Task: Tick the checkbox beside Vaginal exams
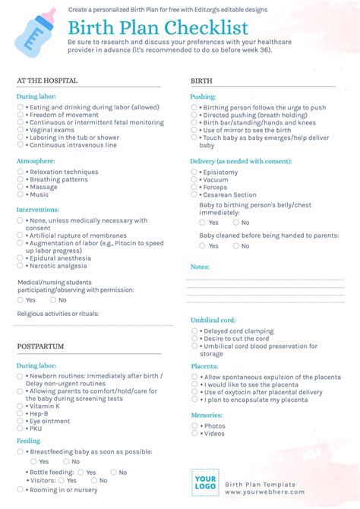(x=21, y=130)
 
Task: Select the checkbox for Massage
(x=21, y=187)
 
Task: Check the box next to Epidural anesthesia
(x=21, y=258)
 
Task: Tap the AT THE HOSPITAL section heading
(x=46, y=80)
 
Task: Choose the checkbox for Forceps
(x=194, y=187)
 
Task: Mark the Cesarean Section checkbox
(x=194, y=194)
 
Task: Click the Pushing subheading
(x=203, y=96)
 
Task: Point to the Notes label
(x=200, y=267)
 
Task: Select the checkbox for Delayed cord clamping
(x=194, y=331)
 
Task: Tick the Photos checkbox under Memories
(x=194, y=425)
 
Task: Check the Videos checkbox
(x=194, y=433)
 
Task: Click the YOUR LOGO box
(x=206, y=482)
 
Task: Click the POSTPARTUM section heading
(x=40, y=346)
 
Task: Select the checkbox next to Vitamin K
(x=21, y=406)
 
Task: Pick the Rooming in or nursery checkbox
(x=21, y=489)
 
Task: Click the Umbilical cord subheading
(x=213, y=320)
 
